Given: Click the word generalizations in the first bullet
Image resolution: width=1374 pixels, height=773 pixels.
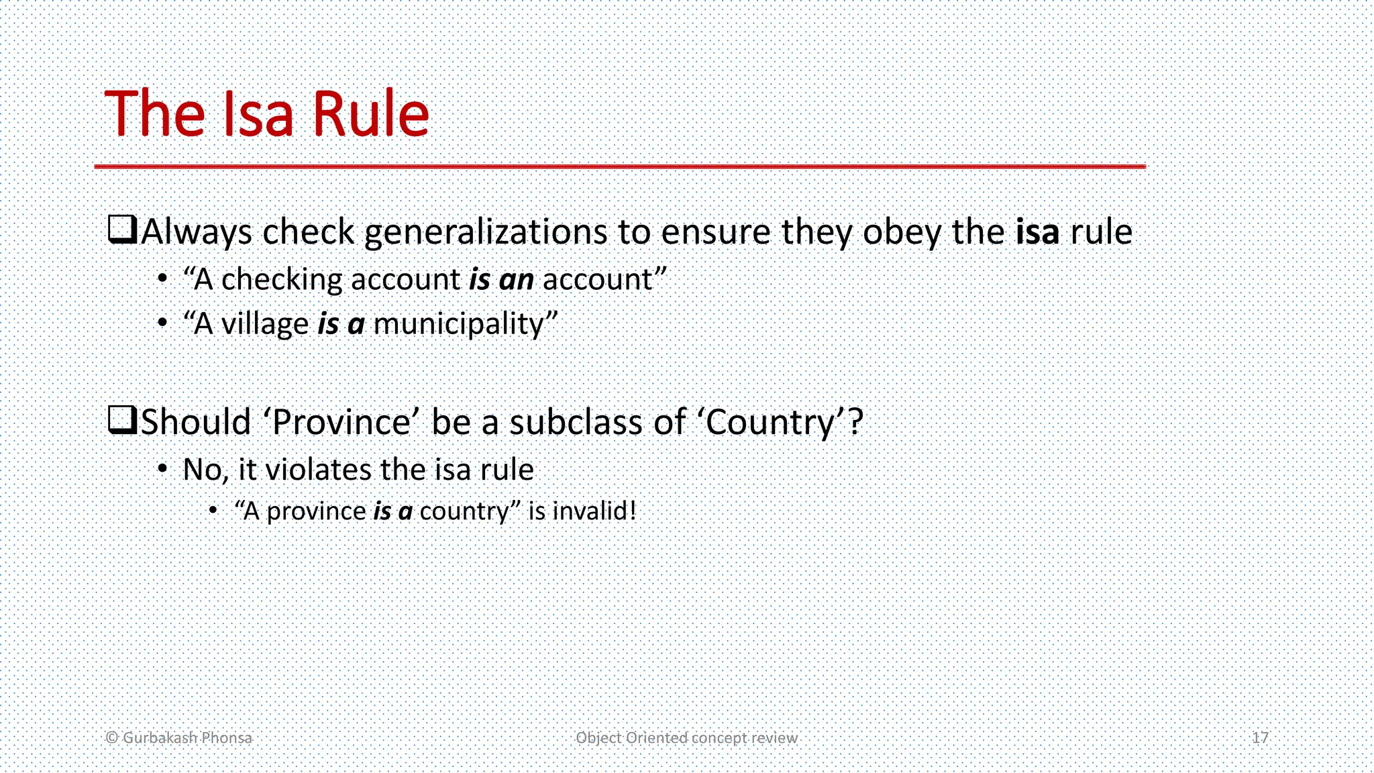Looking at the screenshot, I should [486, 232].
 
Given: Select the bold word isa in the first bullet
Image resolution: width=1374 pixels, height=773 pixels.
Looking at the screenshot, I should [1037, 232].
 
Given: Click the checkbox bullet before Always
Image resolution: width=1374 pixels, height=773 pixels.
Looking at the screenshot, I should [122, 229].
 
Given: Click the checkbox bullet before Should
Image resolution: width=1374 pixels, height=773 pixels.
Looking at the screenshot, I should [122, 420].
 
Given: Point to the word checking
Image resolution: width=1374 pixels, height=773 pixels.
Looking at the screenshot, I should [281, 279].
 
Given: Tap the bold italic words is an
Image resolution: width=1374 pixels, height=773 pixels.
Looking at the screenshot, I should [501, 279].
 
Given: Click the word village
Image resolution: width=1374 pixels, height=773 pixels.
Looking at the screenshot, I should [264, 323].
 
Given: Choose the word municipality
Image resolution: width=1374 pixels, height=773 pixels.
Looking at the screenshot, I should [458, 325].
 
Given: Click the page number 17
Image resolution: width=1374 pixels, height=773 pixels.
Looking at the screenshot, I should [1260, 737].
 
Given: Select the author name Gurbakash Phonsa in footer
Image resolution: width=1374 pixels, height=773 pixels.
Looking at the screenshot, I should [187, 737].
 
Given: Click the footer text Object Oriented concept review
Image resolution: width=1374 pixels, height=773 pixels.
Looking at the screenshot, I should [686, 737].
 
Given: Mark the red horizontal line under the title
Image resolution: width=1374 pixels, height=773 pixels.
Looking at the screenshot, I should [619, 166].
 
